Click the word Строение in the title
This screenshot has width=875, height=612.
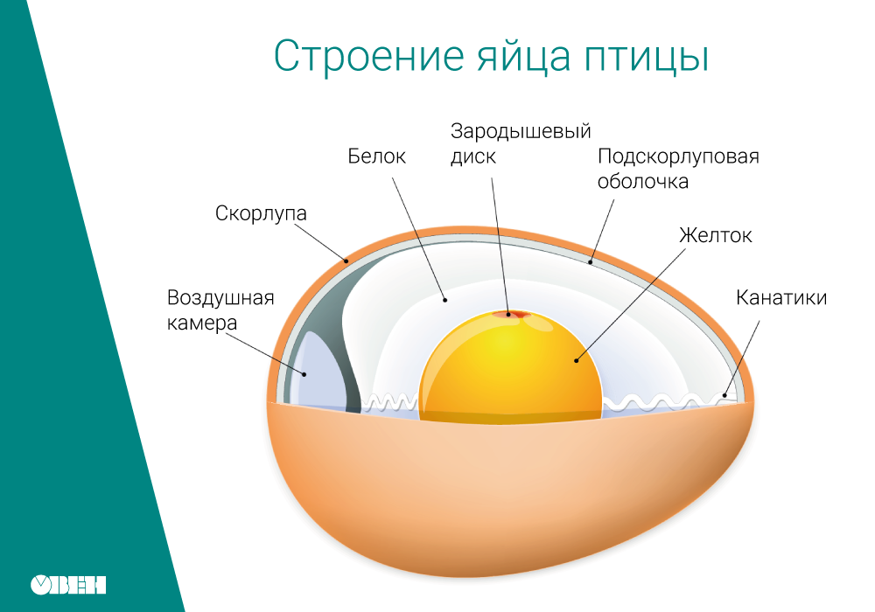369,57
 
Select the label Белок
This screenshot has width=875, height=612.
376,156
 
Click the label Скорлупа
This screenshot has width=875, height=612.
261,213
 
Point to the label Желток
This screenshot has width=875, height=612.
716,235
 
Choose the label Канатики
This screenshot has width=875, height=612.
781,297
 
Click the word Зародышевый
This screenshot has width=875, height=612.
521,131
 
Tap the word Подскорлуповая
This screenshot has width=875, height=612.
678,156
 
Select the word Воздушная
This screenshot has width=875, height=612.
220,298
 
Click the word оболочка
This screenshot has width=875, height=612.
643,182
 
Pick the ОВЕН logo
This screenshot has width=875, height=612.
68,585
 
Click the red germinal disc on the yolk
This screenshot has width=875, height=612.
508,315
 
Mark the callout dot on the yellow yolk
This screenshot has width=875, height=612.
577,361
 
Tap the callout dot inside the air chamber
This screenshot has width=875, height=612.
304,374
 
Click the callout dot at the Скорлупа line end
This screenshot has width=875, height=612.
346,261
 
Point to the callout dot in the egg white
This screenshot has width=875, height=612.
445,300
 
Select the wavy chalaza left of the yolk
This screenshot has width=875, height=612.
390,402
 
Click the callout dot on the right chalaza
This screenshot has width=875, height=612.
724,396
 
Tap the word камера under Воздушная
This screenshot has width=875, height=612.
202,323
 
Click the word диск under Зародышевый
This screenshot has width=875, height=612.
472,156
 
